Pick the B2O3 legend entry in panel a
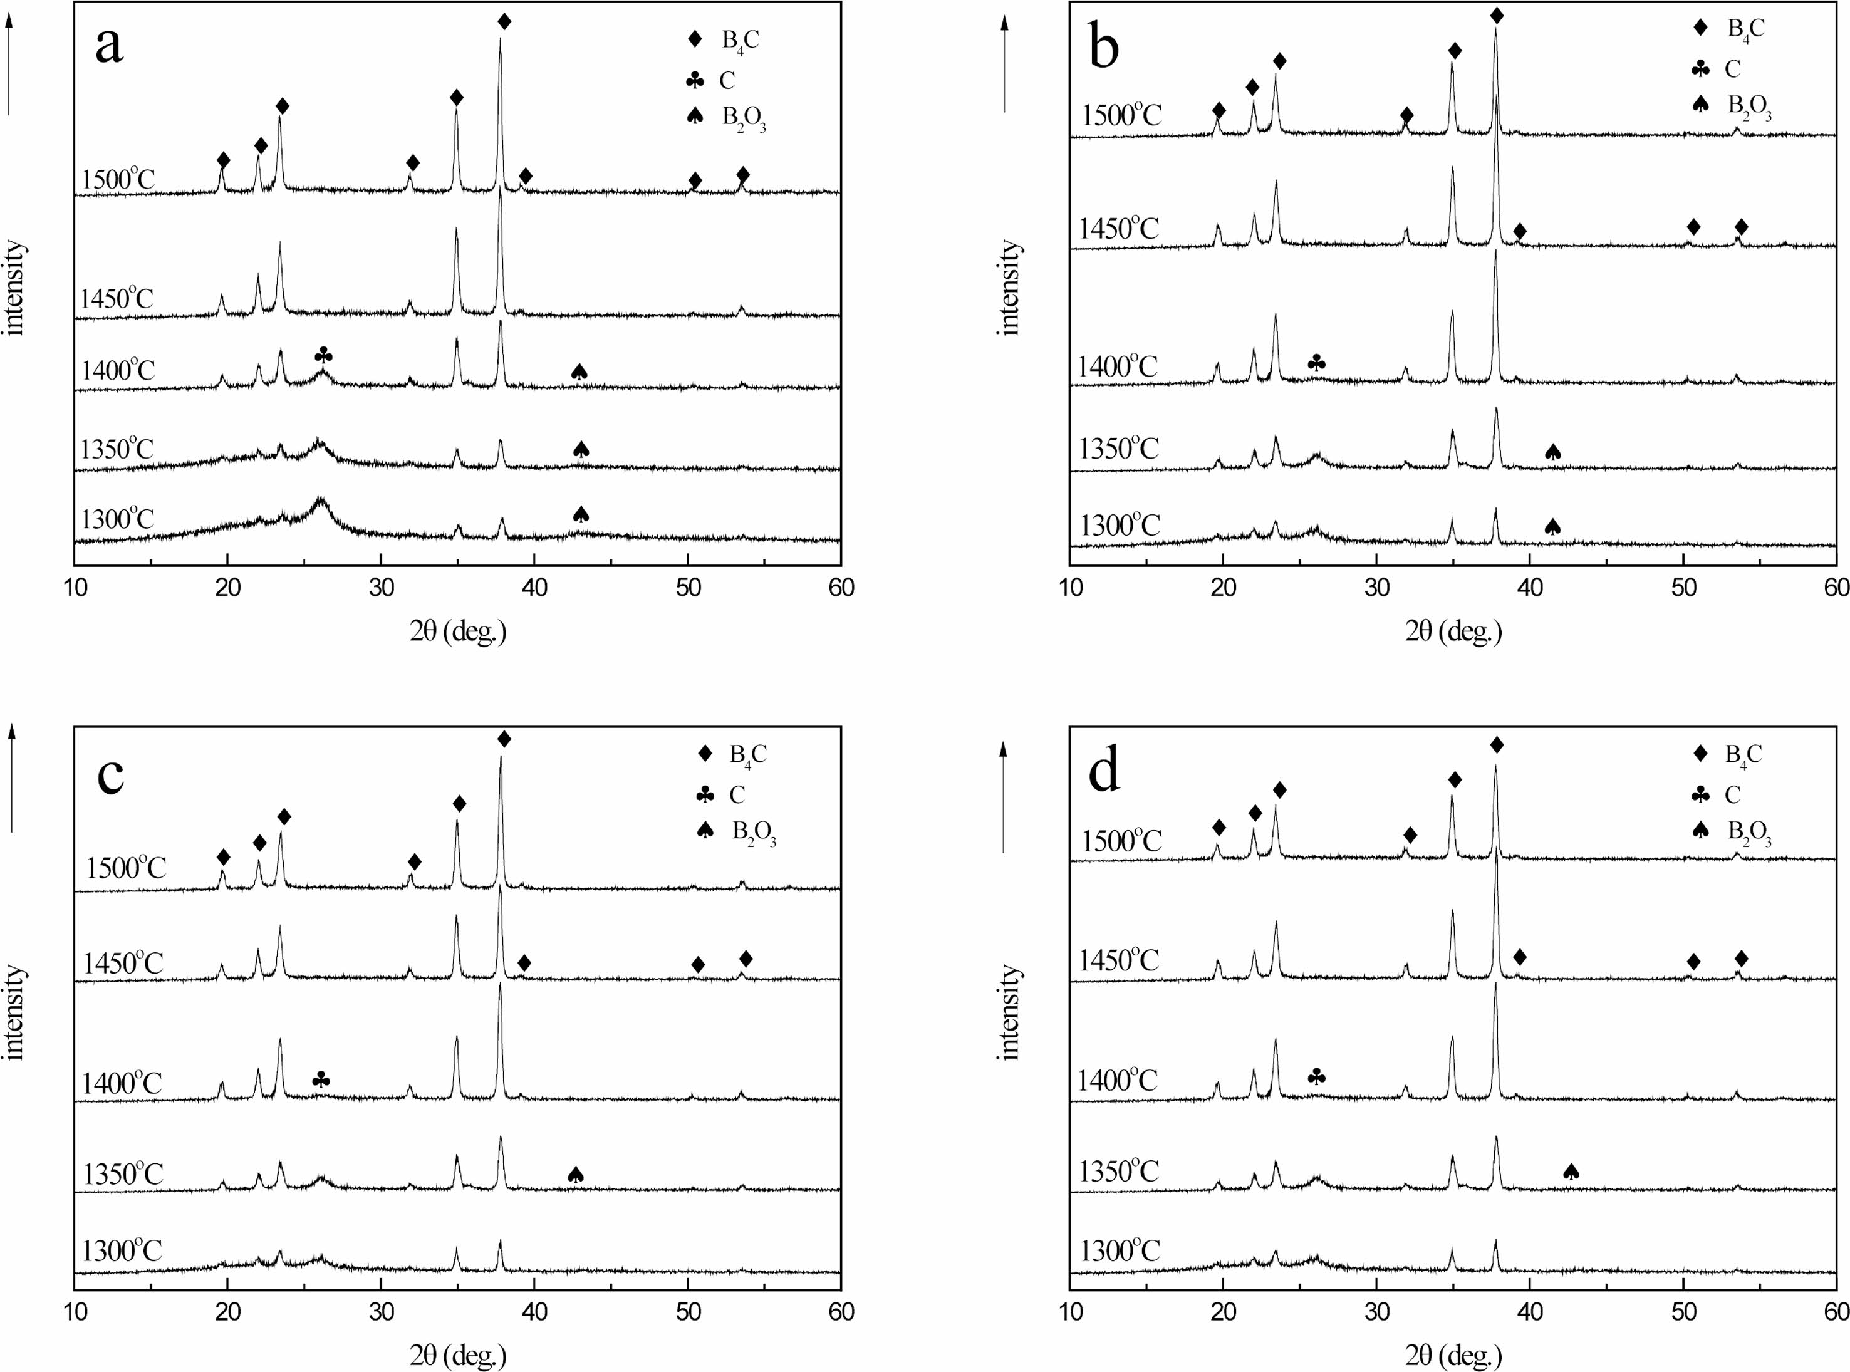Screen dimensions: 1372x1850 pos(729,118)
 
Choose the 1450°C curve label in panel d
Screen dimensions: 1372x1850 pos(1118,960)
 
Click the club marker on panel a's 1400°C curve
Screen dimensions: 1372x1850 pos(324,356)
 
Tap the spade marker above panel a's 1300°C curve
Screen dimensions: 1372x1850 pos(581,514)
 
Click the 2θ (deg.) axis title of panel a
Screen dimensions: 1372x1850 pos(457,632)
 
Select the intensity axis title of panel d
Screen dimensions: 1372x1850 pos(1010,1012)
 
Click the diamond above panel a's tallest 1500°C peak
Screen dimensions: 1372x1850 pos(504,21)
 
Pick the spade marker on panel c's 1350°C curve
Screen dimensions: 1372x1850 pos(576,1174)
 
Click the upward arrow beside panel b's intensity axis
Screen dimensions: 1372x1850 pos(1004,66)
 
